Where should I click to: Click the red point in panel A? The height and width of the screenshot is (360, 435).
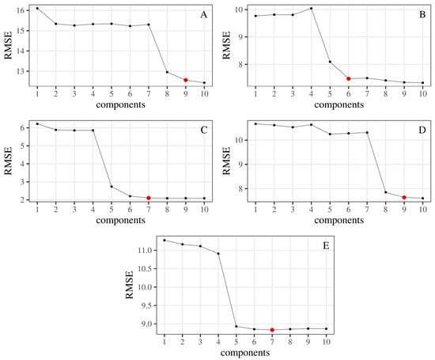tap(186, 80)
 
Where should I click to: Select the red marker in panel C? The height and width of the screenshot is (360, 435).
tap(148, 198)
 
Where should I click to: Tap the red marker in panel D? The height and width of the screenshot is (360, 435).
tap(403, 197)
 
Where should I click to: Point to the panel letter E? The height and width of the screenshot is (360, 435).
tap(323, 245)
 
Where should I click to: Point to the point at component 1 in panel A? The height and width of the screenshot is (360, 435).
tap(37, 8)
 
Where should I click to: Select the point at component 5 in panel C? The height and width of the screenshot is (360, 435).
tap(111, 187)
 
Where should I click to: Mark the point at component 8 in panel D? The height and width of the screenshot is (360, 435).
tap(385, 192)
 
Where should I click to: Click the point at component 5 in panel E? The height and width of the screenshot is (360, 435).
tap(236, 326)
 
